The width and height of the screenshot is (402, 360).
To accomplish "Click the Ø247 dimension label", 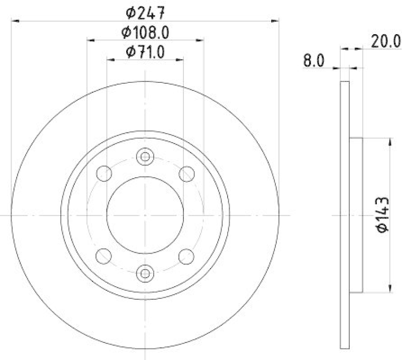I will tap(146, 12).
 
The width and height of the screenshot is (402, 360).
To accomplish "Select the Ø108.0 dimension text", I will tap(145, 33).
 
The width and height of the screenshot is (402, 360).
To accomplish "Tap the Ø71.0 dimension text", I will tap(145, 51).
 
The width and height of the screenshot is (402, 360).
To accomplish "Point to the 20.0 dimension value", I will tap(385, 40).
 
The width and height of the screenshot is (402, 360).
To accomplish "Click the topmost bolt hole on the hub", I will tap(145, 157).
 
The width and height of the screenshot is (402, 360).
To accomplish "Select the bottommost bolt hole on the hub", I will tap(145, 273).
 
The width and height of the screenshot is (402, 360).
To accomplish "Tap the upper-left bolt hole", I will tap(104, 174).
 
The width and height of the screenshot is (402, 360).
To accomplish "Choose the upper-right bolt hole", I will tap(187, 174).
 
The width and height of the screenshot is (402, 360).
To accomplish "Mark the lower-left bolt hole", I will tap(104, 256).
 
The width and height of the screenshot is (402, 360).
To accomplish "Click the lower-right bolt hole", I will tap(187, 256).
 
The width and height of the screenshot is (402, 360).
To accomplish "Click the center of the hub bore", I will tap(145, 215).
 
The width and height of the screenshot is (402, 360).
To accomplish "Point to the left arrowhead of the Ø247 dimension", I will tap(15, 21).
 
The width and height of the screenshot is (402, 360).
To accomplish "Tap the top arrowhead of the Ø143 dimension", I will tap(390, 142).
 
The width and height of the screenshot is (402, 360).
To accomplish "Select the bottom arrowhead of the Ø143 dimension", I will tap(390, 288).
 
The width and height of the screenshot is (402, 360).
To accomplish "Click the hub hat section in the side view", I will tap(355, 215).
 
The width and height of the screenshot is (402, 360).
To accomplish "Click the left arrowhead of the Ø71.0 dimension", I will tap(111, 59).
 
